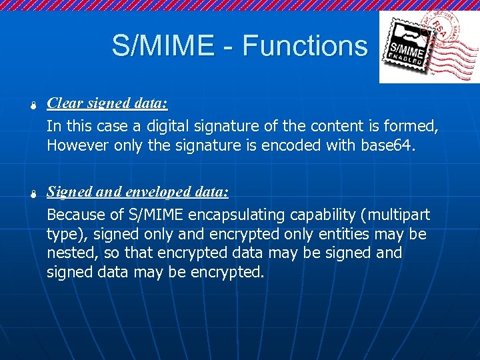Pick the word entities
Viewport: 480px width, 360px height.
356,234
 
